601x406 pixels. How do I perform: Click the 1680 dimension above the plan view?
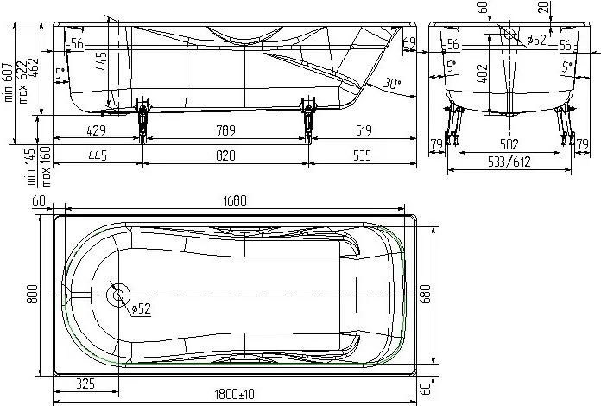click(x=234, y=201)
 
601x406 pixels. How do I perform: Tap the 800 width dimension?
click(x=33, y=295)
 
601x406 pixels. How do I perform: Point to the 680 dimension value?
click(x=422, y=296)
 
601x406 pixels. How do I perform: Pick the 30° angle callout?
click(x=393, y=84)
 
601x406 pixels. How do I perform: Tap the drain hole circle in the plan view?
click(x=117, y=295)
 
